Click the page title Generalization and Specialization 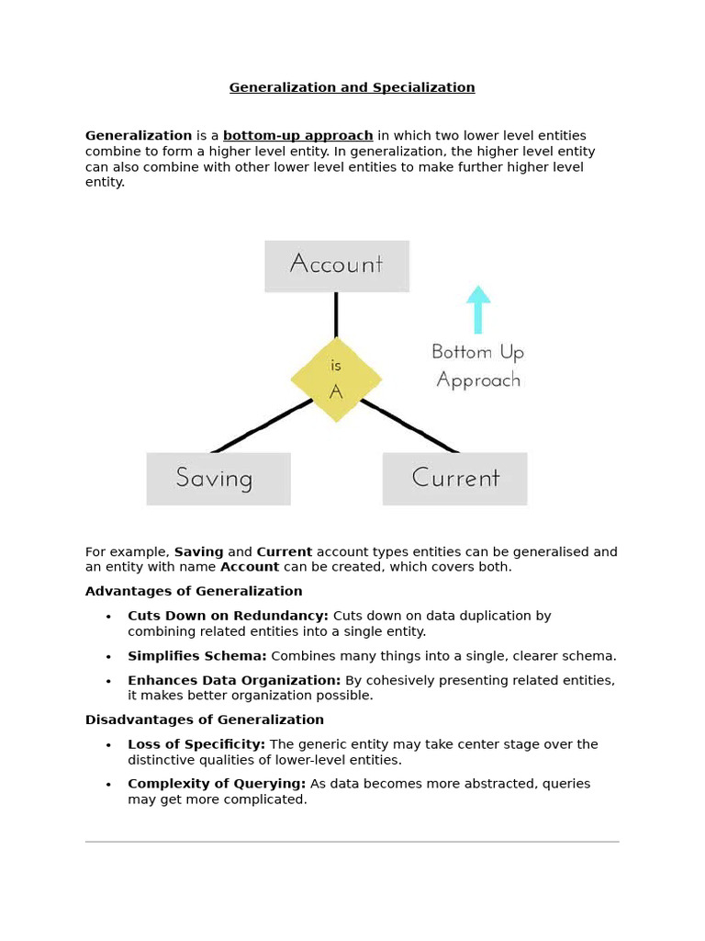click(x=352, y=88)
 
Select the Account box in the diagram click(x=336, y=266)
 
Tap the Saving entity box click(x=218, y=479)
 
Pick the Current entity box click(x=454, y=479)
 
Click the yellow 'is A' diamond click(x=336, y=380)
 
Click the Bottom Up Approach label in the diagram click(x=478, y=366)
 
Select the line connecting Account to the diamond click(x=336, y=315)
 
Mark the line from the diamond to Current click(x=408, y=425)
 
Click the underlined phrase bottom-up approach click(x=297, y=136)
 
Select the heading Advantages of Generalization click(x=194, y=592)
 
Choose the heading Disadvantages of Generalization click(x=205, y=720)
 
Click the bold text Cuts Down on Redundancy click(x=228, y=616)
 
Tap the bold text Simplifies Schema click(x=197, y=656)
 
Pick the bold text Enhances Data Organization click(x=234, y=681)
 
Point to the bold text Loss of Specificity click(x=196, y=744)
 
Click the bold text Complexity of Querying click(x=217, y=784)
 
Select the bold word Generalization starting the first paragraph click(x=139, y=136)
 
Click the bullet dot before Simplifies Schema click(x=108, y=657)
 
